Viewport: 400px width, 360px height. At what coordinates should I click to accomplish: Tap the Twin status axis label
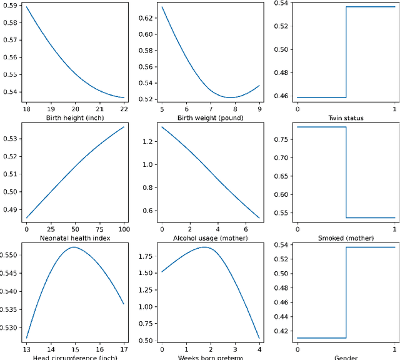pos(346,117)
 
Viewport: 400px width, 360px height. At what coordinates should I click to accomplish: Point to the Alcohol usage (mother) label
pos(211,238)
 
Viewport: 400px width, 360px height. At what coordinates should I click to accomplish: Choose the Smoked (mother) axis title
pos(346,238)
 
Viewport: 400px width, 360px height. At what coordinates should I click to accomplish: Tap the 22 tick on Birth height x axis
pos(124,108)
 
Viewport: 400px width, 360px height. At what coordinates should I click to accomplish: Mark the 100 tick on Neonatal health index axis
pos(124,229)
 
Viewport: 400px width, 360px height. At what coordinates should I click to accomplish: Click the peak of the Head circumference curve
pos(74,247)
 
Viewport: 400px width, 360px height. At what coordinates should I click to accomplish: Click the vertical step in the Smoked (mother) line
pos(346,172)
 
